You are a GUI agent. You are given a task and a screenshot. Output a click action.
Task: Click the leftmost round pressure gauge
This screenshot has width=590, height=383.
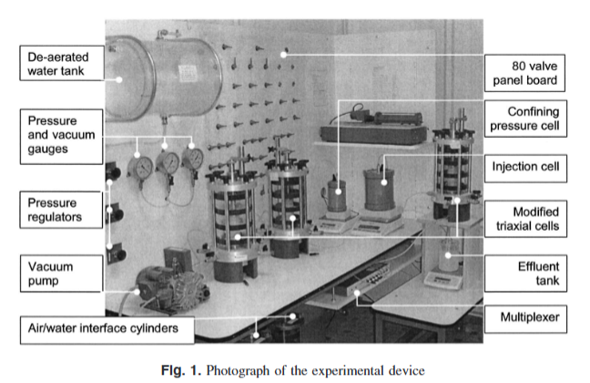142,167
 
